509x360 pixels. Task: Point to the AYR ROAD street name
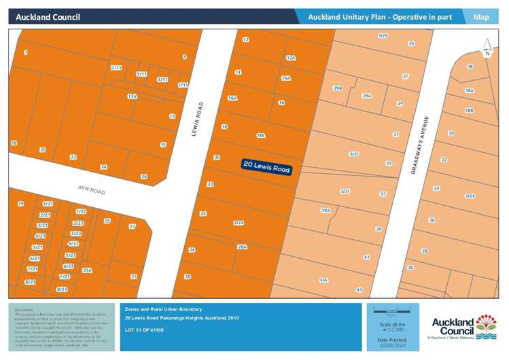tap(90, 188)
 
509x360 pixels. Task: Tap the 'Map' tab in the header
tap(481, 16)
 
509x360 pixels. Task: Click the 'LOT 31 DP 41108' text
tap(145, 329)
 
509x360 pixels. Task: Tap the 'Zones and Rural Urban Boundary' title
tap(163, 309)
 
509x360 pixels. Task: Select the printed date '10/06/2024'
tap(390, 344)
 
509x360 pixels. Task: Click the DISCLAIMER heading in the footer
tap(23, 310)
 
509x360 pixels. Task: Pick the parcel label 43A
tap(323, 279)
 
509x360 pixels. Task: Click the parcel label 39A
tap(325, 211)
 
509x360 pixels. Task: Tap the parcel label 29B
tap(338, 88)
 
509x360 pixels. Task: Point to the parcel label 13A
tap(132, 96)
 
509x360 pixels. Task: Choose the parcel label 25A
tap(87, 270)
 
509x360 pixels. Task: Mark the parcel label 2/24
tap(238, 223)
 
